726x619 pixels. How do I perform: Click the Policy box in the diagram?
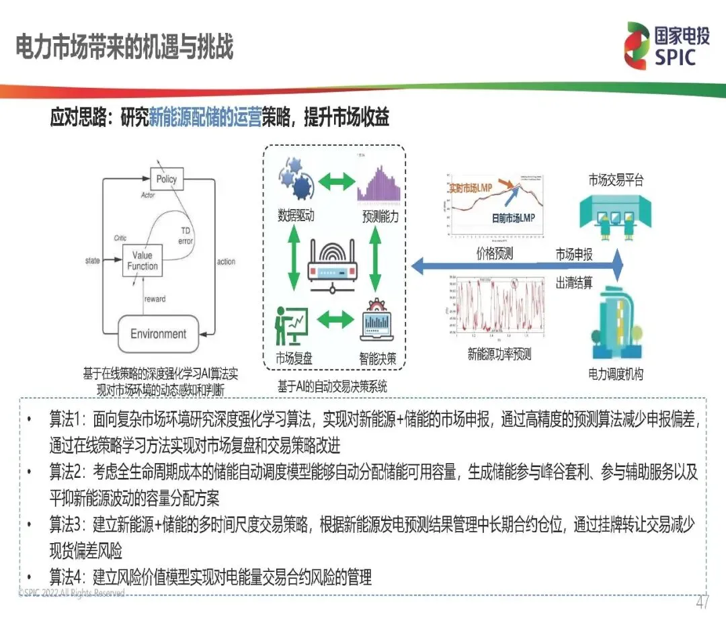click(x=166, y=179)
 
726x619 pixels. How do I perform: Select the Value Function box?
click(x=142, y=261)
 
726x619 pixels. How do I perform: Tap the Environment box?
click(x=158, y=334)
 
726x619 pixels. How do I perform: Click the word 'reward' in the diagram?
click(x=154, y=298)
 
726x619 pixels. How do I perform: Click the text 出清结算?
click(x=574, y=283)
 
